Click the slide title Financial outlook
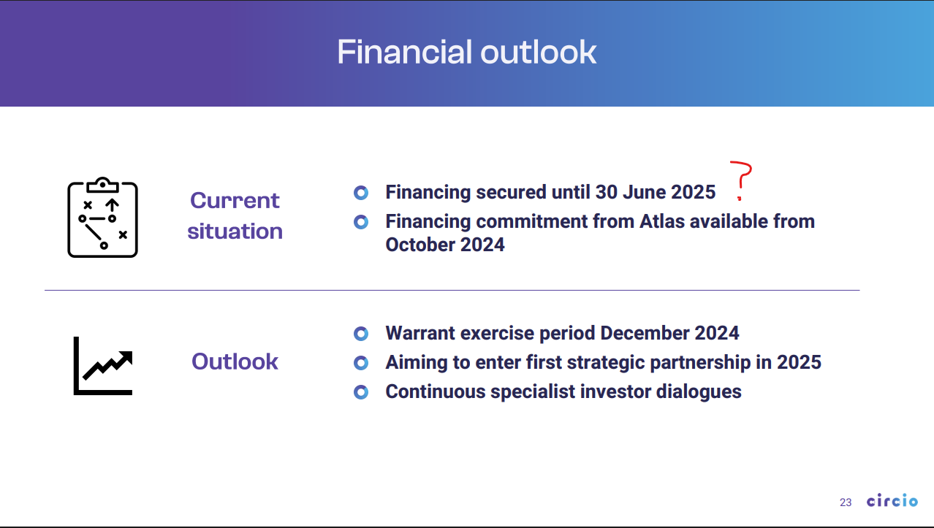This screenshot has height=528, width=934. (466, 52)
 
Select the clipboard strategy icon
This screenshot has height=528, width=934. (102, 217)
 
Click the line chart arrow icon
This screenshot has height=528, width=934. (103, 365)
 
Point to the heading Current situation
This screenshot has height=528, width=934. (235, 215)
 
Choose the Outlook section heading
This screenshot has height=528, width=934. (235, 361)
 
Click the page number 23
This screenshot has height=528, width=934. (846, 502)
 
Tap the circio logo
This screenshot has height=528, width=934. (892, 500)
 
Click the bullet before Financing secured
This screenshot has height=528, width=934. (361, 193)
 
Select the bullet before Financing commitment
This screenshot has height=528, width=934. (361, 222)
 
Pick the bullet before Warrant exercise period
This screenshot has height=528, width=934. (361, 334)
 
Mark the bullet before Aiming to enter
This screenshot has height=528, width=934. (361, 362)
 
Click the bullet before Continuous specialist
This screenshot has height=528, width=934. (361, 391)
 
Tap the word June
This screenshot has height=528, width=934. (644, 192)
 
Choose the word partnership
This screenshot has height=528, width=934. (700, 362)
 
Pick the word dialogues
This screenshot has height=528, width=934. (699, 392)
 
